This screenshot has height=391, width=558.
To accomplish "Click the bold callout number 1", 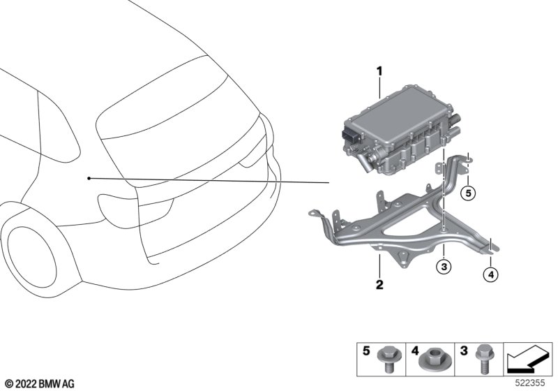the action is (x=379, y=72).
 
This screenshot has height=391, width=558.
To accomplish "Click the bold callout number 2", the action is (x=379, y=285).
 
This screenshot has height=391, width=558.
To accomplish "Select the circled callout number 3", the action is (x=444, y=266).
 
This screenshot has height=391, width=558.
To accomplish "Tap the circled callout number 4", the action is (x=491, y=274).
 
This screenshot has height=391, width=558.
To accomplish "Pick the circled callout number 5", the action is (x=468, y=193).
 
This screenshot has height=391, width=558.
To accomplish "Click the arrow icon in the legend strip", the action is (x=527, y=360).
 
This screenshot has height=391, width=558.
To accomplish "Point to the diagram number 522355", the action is (x=530, y=383).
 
